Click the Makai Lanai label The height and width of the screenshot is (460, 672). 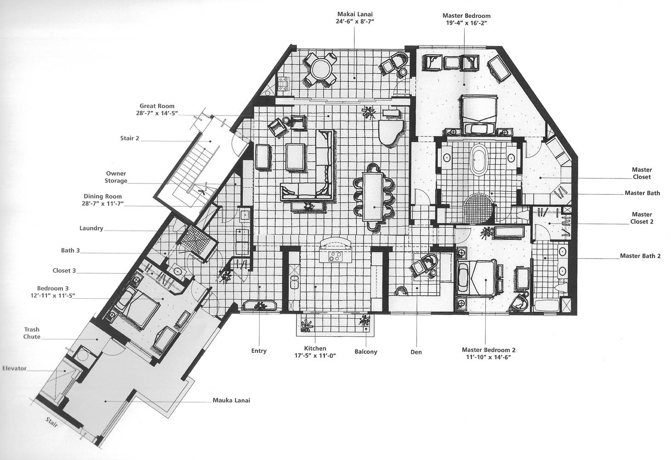click(x=354, y=17)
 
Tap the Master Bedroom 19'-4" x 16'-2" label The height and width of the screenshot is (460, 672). click(x=465, y=17)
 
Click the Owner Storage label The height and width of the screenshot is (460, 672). click(x=116, y=177)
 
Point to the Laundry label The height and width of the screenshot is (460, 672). click(x=91, y=228)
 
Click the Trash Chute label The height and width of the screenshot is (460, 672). click(x=32, y=333)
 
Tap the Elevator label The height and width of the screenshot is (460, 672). click(x=14, y=368)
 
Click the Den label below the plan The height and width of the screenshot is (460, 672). click(x=416, y=352)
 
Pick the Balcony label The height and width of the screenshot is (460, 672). click(x=366, y=352)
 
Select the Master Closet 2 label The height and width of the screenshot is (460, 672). click(x=642, y=218)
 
